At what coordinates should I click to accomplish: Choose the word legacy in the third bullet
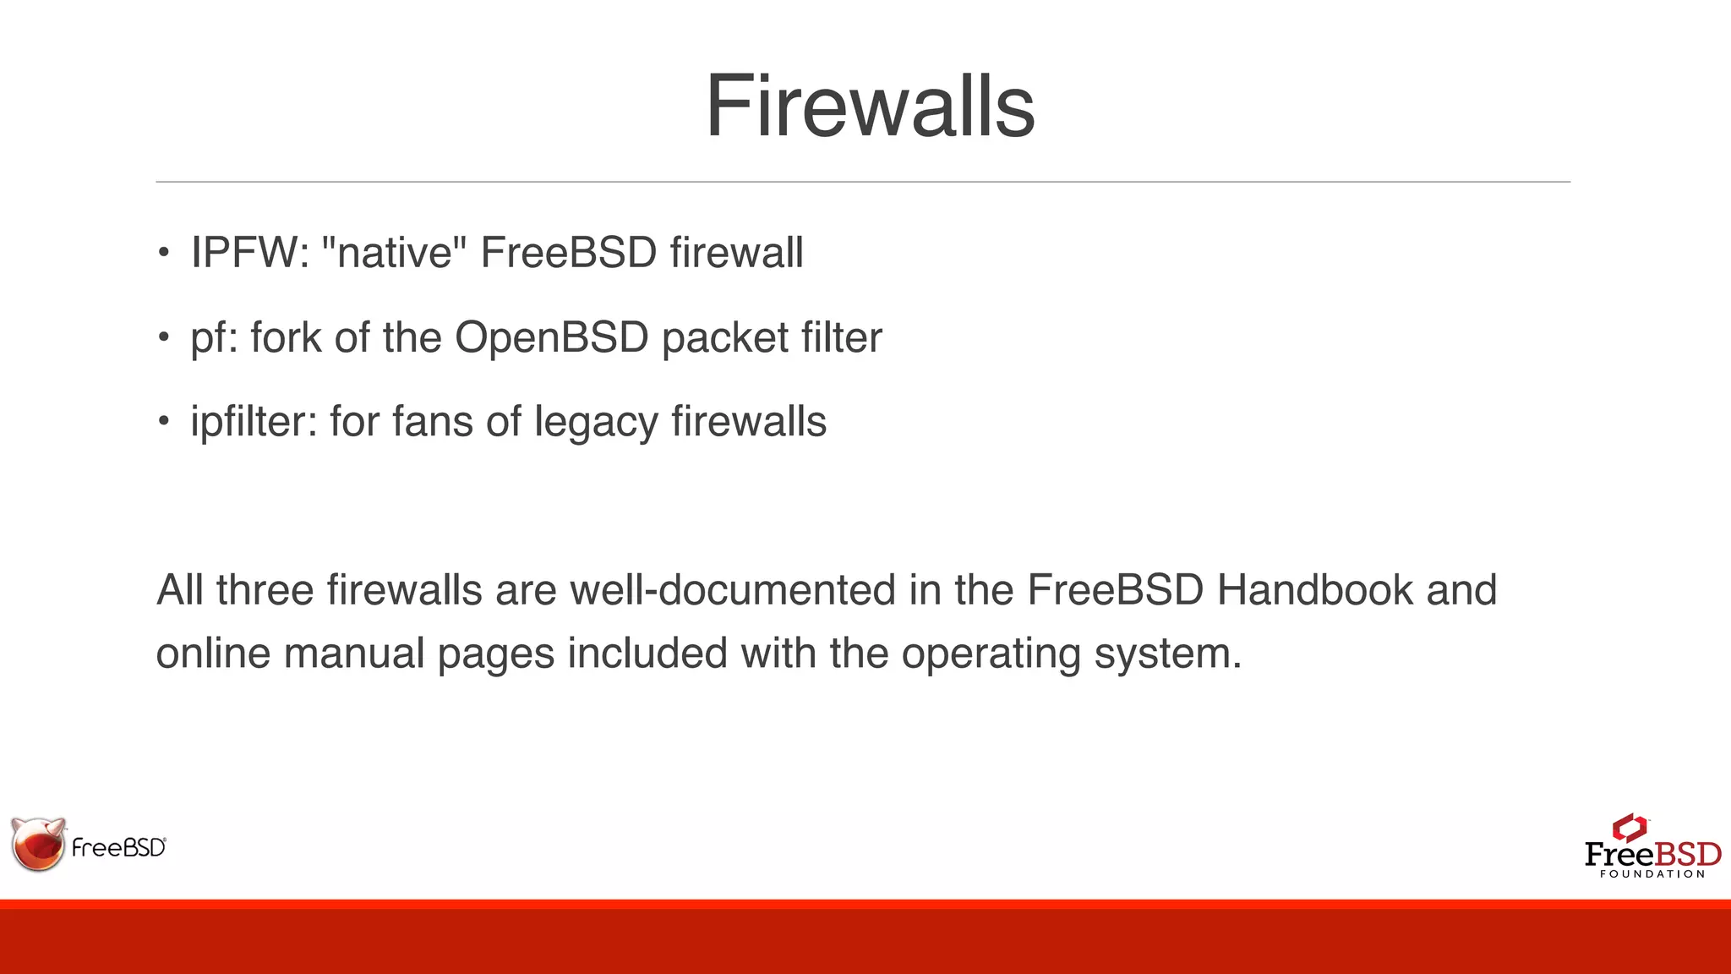596,422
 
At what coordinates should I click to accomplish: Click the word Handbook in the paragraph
1314,590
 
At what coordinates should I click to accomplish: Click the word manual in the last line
354,654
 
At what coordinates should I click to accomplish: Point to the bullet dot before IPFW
164,254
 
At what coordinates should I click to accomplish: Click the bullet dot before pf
164,338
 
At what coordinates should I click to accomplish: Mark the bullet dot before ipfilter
164,422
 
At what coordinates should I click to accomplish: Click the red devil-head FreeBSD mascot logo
38,844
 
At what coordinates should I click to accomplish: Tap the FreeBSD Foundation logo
1652,845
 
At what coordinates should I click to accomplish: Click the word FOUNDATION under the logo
1652,874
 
